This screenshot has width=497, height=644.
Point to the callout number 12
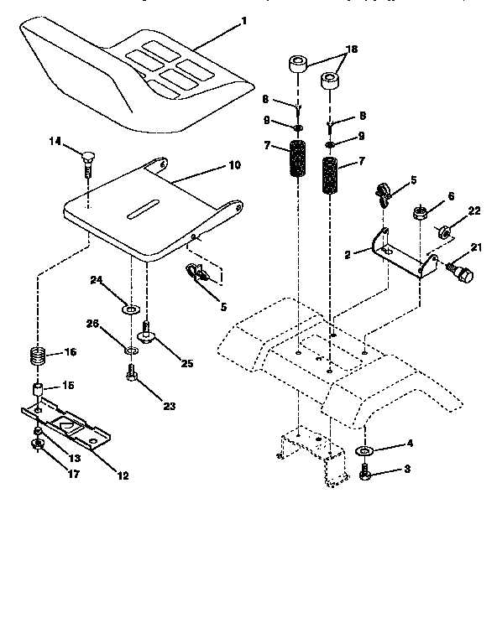123,475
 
